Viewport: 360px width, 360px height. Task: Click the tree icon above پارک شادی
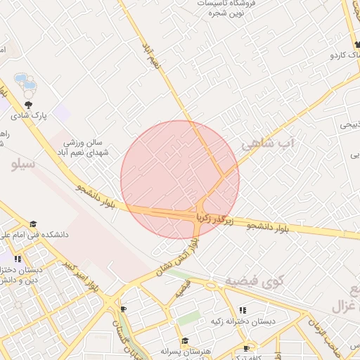click(x=28, y=103)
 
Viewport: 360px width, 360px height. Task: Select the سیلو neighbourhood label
click(x=24, y=164)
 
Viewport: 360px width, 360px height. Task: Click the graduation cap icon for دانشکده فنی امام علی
click(x=34, y=224)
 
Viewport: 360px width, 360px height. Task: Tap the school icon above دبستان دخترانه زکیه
click(x=242, y=310)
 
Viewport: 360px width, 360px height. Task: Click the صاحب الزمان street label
click(x=337, y=337)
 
